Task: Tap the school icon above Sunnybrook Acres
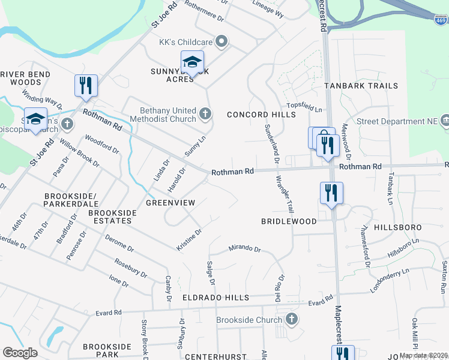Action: click(x=192, y=62)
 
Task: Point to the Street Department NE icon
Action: click(x=445, y=121)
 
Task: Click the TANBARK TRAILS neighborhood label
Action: click(x=361, y=86)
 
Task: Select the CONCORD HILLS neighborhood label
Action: click(x=253, y=115)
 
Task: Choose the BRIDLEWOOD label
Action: click(x=288, y=221)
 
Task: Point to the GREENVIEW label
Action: click(x=170, y=203)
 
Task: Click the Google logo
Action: click(x=20, y=352)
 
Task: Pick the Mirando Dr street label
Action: click(x=244, y=248)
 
